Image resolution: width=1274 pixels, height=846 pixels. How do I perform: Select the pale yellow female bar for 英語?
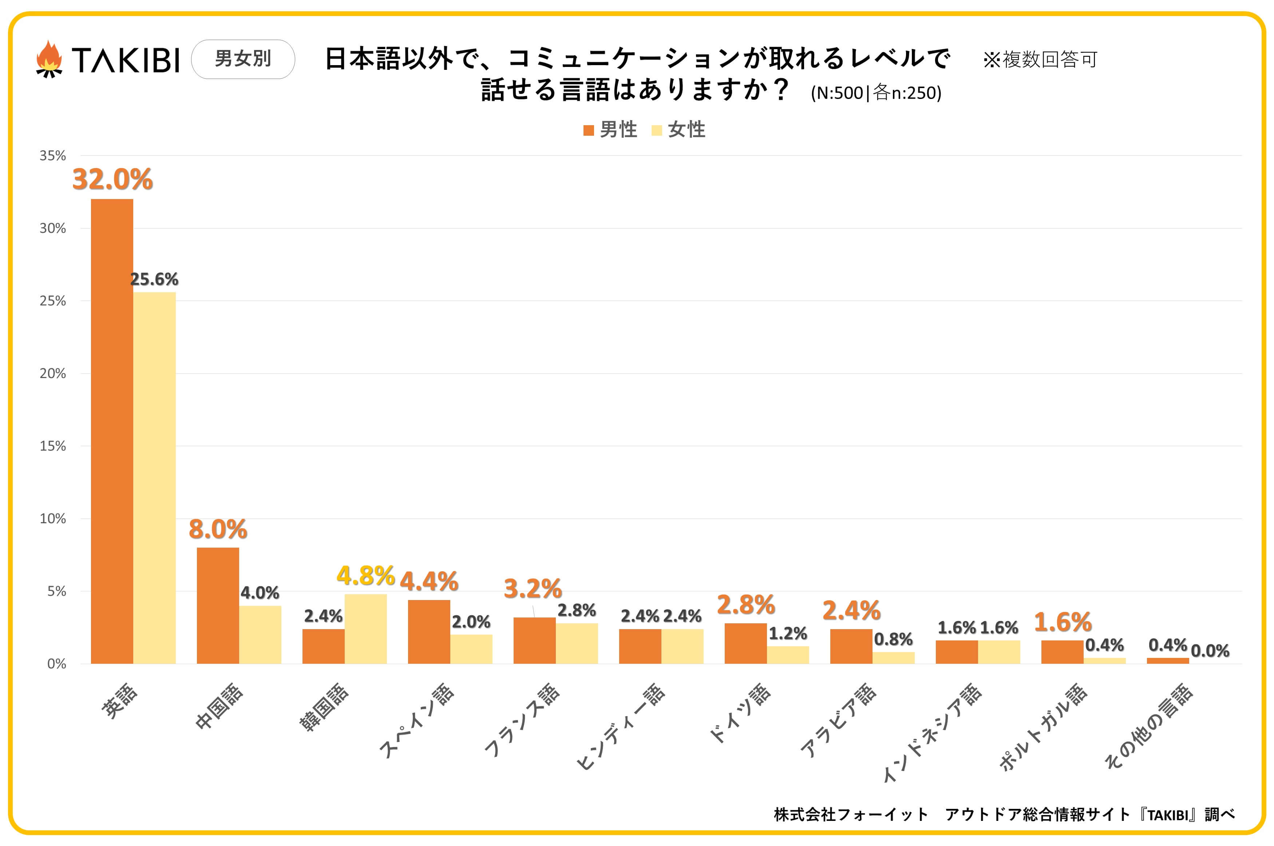pyautogui.click(x=154, y=477)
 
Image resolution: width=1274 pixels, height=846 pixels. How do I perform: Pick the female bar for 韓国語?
pyautogui.click(x=365, y=628)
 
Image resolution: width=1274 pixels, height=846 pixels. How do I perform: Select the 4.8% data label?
pyautogui.click(x=365, y=576)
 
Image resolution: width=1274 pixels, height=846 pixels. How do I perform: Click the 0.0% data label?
pyautogui.click(x=1210, y=651)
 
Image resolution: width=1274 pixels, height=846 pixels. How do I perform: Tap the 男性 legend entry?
pyautogui.click(x=611, y=130)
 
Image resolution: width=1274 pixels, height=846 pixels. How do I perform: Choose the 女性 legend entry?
pyautogui.click(x=679, y=130)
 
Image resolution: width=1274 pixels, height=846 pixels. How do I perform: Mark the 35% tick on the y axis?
pyautogui.click(x=52, y=156)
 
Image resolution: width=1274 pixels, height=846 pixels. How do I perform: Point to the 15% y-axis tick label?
pyautogui.click(x=52, y=446)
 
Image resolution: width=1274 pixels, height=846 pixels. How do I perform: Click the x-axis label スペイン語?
pyautogui.click(x=416, y=720)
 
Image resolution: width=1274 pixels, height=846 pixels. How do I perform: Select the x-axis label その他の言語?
pyautogui.click(x=1148, y=726)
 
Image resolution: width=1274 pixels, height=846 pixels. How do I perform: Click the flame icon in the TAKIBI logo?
pyautogui.click(x=49, y=59)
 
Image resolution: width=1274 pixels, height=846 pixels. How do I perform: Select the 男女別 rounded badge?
pyautogui.click(x=243, y=59)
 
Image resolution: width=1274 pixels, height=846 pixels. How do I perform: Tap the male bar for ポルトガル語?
pyautogui.click(x=1062, y=652)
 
